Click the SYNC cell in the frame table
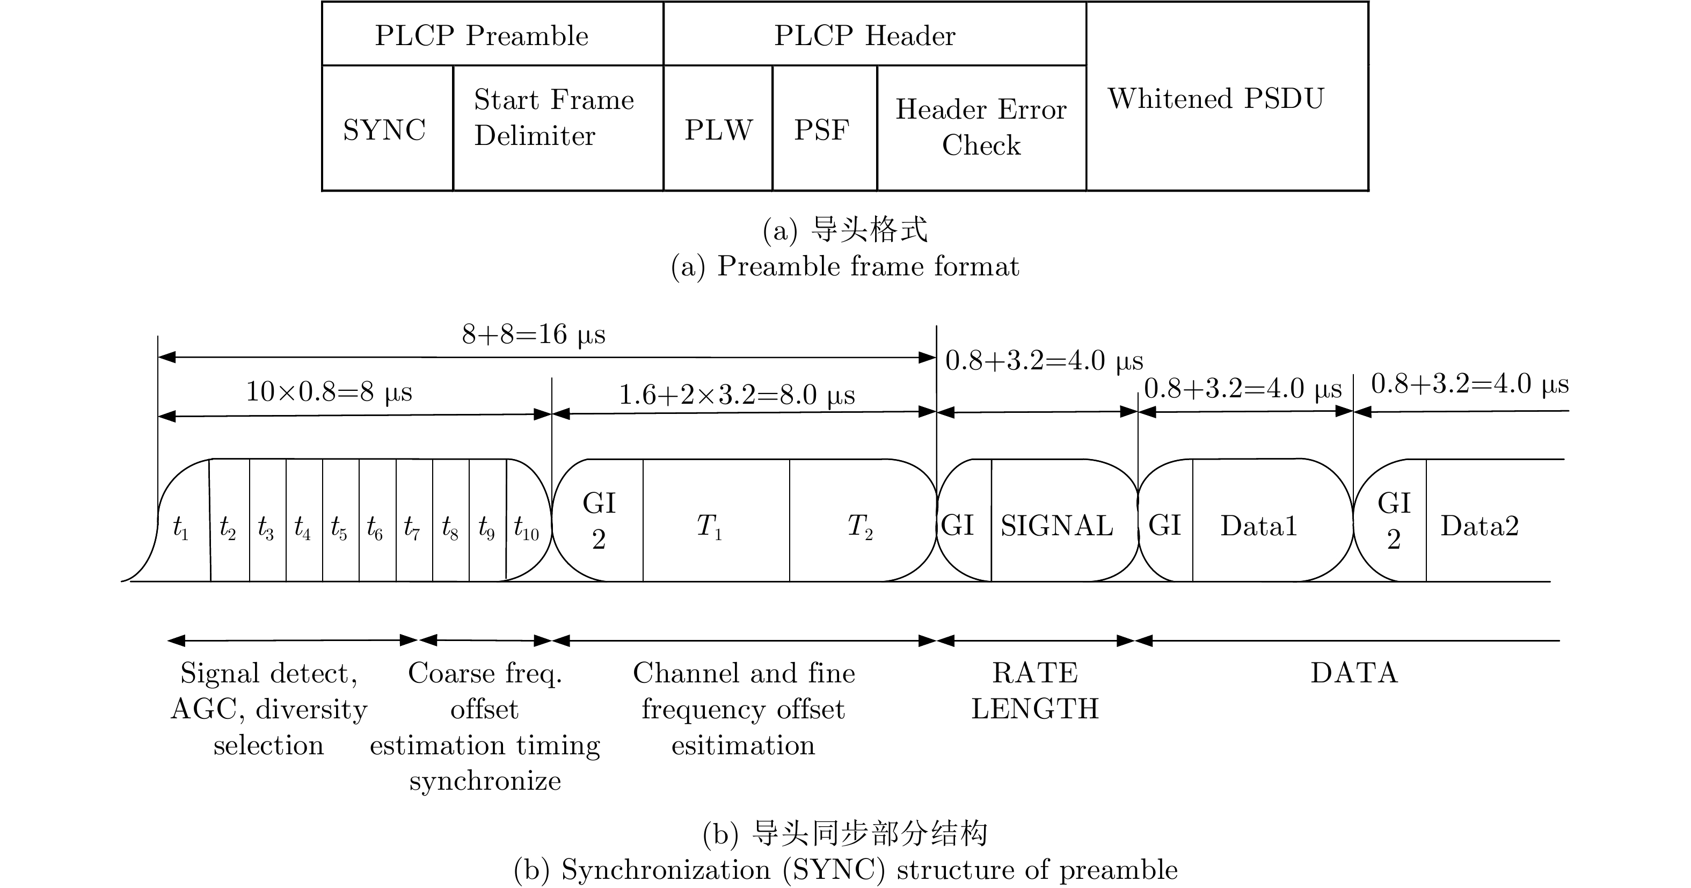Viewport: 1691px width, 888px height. pyautogui.click(x=385, y=129)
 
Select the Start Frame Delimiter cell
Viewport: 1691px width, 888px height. pyautogui.click(x=555, y=118)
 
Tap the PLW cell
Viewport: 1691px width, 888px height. pyautogui.click(x=718, y=129)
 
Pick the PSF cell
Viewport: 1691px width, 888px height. pyautogui.click(x=822, y=129)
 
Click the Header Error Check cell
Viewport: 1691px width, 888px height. pyautogui.click(x=981, y=127)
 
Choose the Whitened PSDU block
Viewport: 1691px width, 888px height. pyautogui.click(x=1216, y=98)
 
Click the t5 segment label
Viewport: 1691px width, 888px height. pyautogui.click(x=339, y=527)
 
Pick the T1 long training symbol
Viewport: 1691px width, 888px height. pyautogui.click(x=710, y=526)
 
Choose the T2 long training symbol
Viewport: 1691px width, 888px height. pyautogui.click(x=860, y=526)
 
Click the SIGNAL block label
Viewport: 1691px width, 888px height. pyautogui.click(x=1057, y=526)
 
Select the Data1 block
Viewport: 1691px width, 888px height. pyautogui.click(x=1258, y=526)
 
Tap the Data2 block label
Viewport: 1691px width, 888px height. pyautogui.click(x=1479, y=526)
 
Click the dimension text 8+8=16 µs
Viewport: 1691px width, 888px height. pyautogui.click(x=534, y=334)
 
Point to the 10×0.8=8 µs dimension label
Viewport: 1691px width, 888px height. pyautogui.click(x=329, y=392)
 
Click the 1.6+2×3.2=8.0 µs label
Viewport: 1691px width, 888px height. pyautogui.click(x=737, y=395)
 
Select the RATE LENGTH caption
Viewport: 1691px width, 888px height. pyautogui.click(x=1035, y=690)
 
